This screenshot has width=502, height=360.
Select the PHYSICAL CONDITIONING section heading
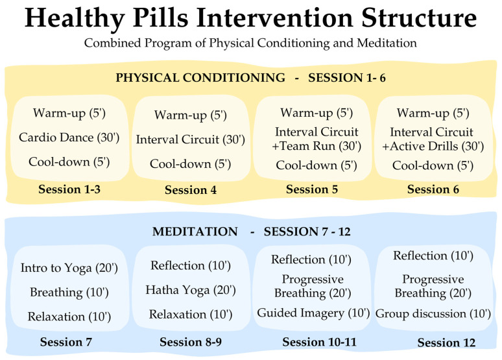tap(200, 78)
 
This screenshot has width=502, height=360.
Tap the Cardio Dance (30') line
tap(69, 138)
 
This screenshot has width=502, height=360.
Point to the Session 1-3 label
tap(69, 189)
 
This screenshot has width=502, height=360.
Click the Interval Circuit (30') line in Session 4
tap(191, 139)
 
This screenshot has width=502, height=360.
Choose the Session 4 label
tap(191, 190)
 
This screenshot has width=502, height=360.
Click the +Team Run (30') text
tap(317, 146)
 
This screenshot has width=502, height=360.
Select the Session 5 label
tap(312, 189)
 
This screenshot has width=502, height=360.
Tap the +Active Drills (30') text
tap(433, 147)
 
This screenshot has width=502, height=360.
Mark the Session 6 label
tap(433, 189)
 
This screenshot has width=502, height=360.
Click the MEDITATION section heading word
tap(195, 232)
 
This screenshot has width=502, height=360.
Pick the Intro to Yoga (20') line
tap(69, 268)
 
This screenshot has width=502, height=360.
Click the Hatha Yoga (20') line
tap(191, 290)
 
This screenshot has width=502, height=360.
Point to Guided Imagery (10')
tap(313, 313)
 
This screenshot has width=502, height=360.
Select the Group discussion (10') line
tap(433, 313)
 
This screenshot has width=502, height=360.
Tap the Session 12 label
tap(446, 342)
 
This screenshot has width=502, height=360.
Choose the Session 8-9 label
tap(191, 342)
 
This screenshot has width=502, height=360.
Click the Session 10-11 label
tap(319, 342)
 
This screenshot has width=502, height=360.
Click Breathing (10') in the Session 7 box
tap(69, 293)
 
